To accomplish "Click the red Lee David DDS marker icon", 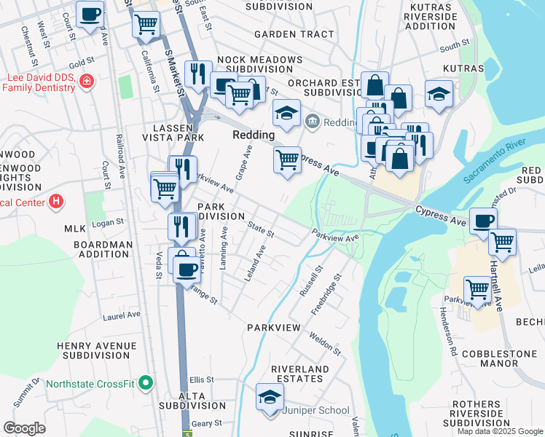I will (87, 81).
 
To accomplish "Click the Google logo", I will (25, 428).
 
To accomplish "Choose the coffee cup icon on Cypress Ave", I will (482, 221).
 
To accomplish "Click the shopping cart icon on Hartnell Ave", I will (502, 241).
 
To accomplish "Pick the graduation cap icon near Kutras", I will (439, 95).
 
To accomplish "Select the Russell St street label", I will (311, 281).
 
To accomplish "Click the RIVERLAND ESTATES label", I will (300, 375).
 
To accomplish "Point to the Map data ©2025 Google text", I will (501, 431).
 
